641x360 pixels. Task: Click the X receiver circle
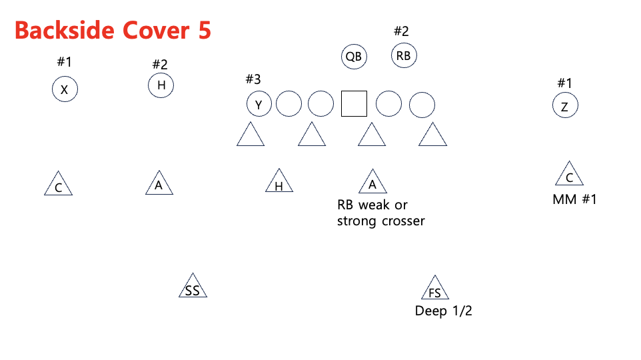point(65,89)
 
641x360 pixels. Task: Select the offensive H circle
point(161,85)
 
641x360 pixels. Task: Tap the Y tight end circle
point(259,105)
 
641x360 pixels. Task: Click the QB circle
point(353,57)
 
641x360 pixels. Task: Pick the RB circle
point(403,56)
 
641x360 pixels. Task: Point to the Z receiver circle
point(564,105)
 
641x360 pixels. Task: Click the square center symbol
point(354,104)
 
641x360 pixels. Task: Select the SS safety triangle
point(193,287)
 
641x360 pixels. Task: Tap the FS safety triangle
point(434,289)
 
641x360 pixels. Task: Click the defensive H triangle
point(279,183)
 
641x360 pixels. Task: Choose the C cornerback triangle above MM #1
point(569,175)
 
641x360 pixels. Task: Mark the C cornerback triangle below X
point(59,185)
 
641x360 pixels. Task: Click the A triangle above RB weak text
point(372,183)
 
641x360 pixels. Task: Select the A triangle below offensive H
point(159,183)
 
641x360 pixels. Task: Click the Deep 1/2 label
point(443,311)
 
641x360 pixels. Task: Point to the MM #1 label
point(574,199)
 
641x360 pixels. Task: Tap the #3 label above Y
point(253,79)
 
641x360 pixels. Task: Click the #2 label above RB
point(401,31)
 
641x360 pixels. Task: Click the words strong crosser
point(380,221)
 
